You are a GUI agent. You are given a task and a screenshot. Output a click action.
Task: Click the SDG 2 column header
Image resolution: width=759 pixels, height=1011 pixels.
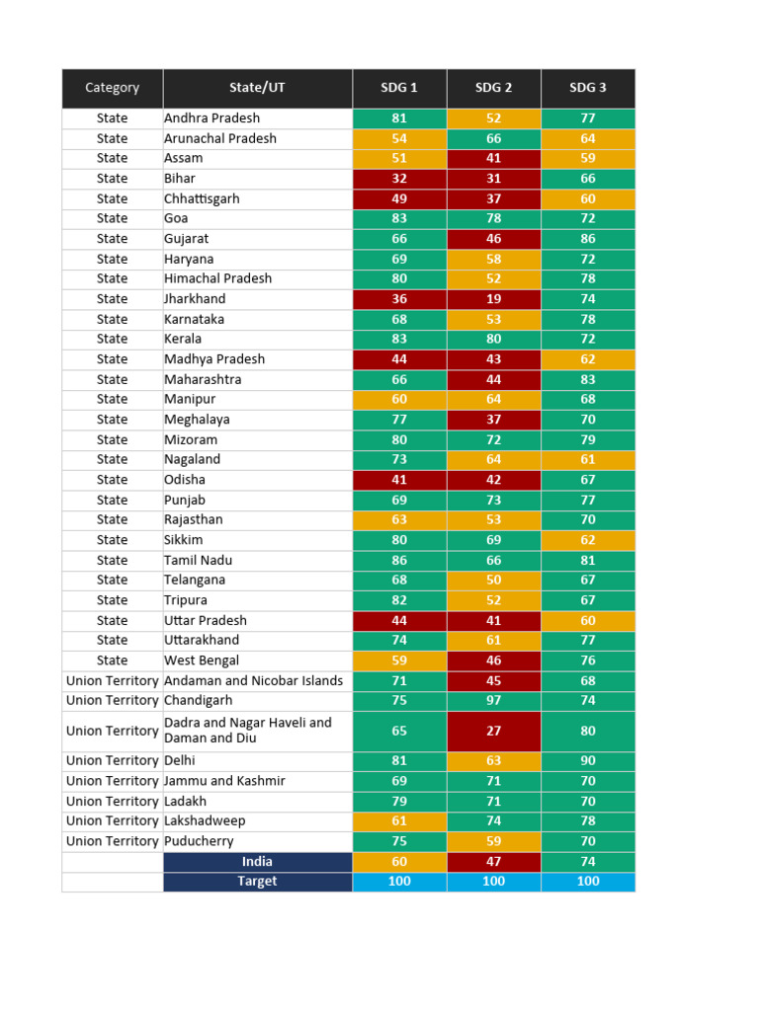[x=493, y=88]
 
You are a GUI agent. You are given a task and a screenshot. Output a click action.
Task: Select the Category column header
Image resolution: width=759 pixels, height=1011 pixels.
[x=112, y=88]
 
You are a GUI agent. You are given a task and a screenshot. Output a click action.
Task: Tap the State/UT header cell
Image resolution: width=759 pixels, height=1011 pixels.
[x=257, y=88]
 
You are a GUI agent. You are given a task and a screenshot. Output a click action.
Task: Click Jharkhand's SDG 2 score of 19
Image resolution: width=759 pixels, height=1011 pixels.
[x=493, y=299]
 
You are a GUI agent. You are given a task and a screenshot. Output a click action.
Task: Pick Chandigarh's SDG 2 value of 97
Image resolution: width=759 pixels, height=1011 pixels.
[x=493, y=700]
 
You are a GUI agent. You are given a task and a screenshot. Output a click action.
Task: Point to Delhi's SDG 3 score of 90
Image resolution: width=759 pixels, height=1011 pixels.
[x=588, y=760]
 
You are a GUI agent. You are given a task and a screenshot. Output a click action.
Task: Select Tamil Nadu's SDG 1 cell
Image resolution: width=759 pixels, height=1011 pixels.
[x=399, y=560]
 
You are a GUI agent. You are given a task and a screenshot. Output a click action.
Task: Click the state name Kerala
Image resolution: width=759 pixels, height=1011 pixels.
[x=183, y=339]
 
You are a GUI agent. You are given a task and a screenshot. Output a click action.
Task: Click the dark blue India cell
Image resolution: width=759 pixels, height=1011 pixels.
[x=257, y=862]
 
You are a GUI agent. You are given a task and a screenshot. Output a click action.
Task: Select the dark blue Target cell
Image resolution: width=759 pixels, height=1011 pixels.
[x=257, y=881]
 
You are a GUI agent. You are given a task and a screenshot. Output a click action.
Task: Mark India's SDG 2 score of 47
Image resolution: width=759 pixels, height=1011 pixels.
[x=493, y=862]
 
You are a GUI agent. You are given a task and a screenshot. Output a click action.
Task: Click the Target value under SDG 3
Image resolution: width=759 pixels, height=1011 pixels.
[x=588, y=881]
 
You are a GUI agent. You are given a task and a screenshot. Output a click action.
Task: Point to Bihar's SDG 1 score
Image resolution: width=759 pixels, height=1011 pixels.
[x=399, y=179]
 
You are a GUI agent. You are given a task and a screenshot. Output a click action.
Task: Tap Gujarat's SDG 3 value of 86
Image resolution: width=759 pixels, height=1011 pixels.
[x=588, y=239]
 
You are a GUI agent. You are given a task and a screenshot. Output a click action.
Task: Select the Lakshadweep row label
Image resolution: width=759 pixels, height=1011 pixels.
[x=205, y=820]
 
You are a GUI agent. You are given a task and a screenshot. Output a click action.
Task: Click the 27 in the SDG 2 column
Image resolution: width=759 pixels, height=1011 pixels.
[x=493, y=731]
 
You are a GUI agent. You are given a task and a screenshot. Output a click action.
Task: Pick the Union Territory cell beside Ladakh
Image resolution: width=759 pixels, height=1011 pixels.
[x=112, y=801]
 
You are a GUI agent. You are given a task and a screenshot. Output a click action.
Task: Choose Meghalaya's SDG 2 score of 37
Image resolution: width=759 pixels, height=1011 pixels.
[x=493, y=420]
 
